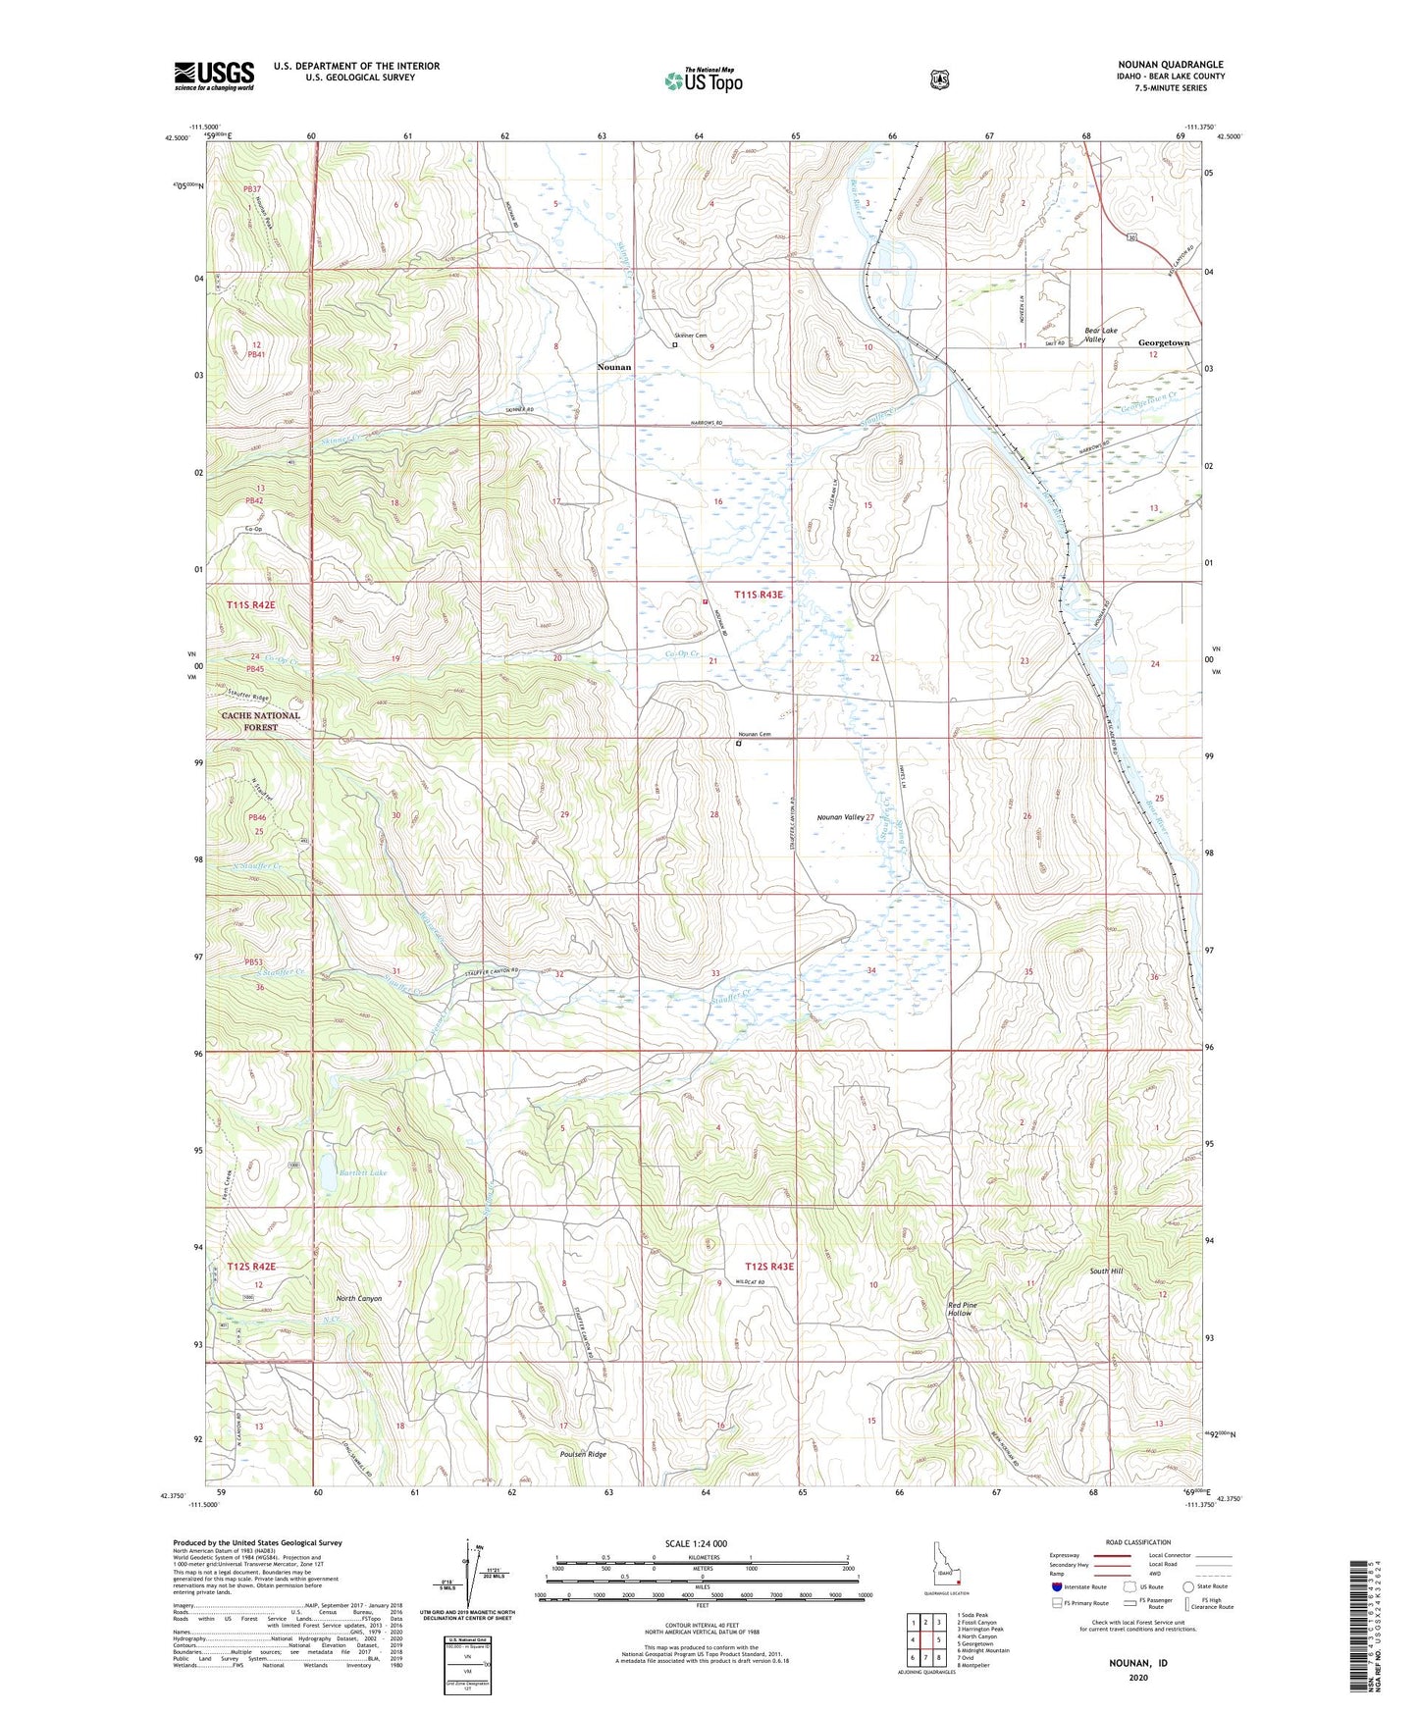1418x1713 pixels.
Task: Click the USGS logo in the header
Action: pyautogui.click(x=214, y=76)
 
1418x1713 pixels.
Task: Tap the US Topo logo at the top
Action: pyautogui.click(x=703, y=80)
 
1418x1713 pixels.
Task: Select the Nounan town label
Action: pyautogui.click(x=614, y=367)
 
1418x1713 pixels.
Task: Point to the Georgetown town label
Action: pyautogui.click(x=1163, y=343)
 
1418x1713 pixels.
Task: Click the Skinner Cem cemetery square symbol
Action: pyautogui.click(x=675, y=344)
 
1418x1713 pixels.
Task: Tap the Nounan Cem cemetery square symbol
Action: pyautogui.click(x=739, y=744)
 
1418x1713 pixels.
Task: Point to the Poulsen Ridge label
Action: pyautogui.click(x=583, y=1454)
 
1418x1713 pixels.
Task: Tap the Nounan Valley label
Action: pyautogui.click(x=840, y=816)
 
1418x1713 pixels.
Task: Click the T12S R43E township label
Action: pyautogui.click(x=768, y=1267)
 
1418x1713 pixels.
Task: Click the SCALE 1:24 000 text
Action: pyautogui.click(x=696, y=1543)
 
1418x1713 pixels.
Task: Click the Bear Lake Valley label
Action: pyautogui.click(x=1100, y=335)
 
